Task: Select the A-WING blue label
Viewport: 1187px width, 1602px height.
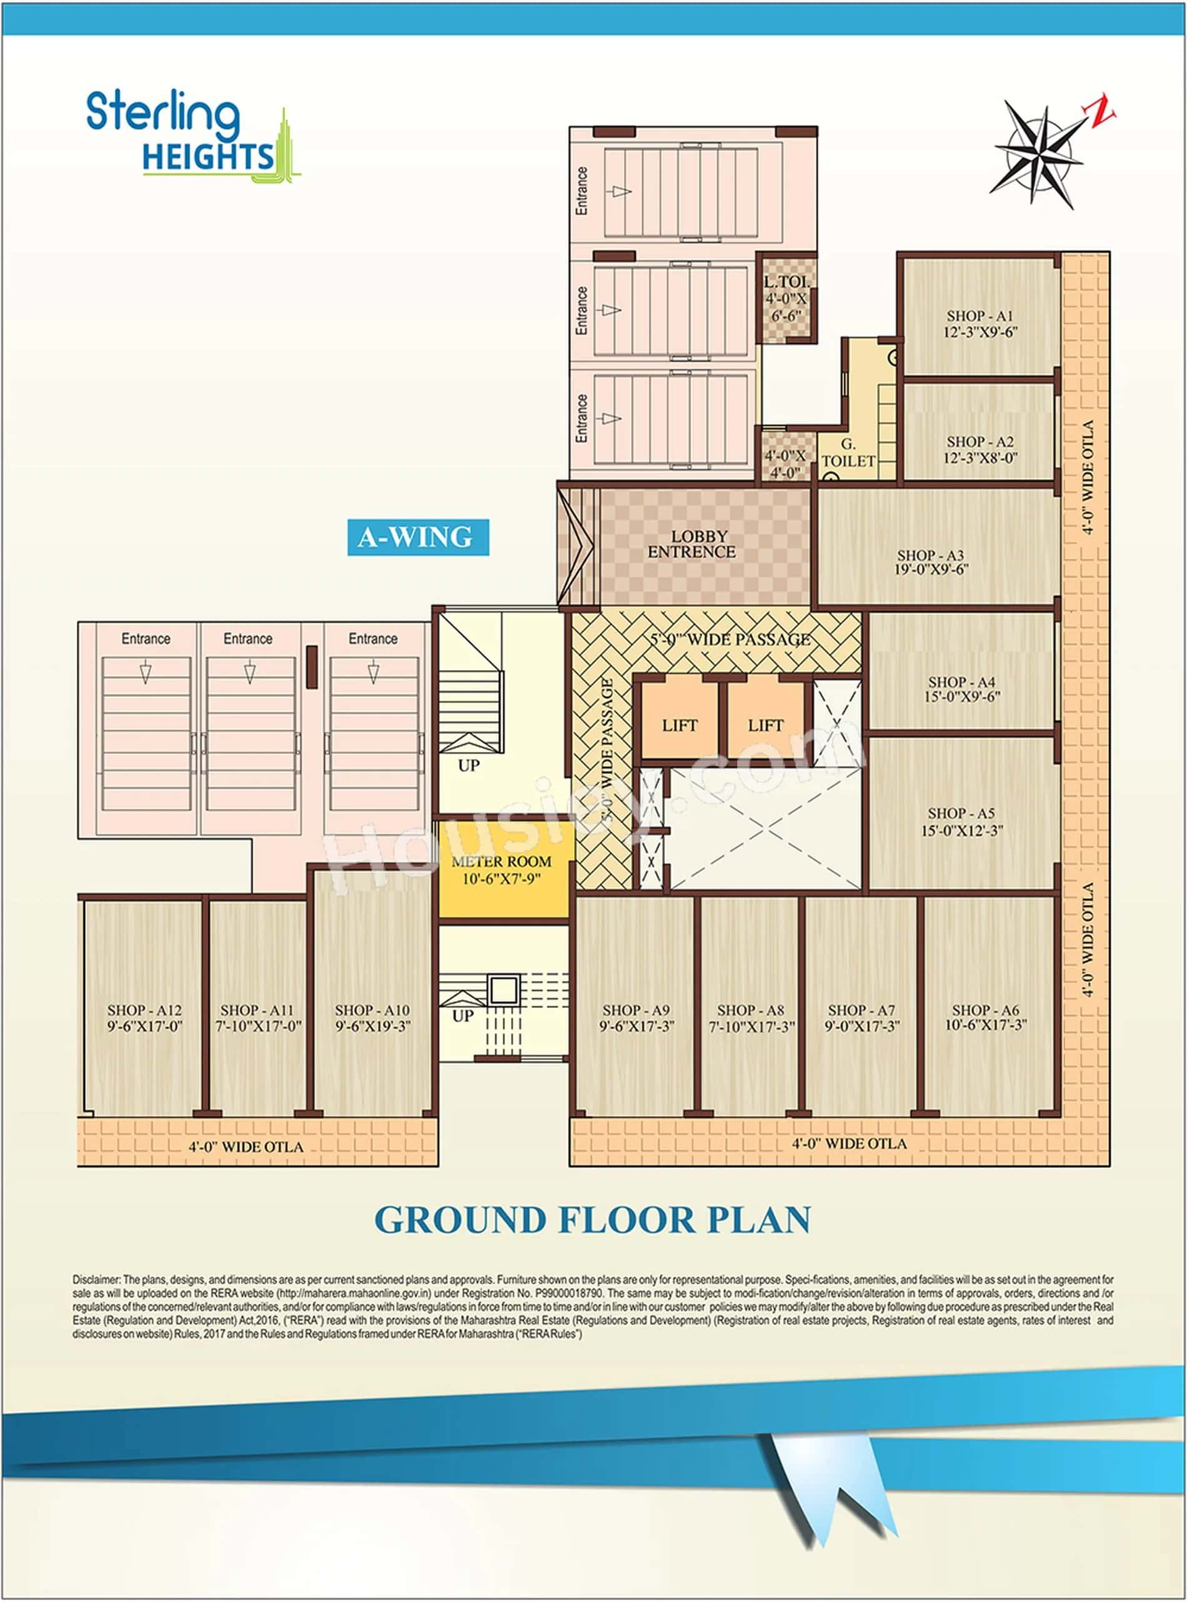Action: tap(417, 537)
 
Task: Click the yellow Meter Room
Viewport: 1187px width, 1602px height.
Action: tap(502, 870)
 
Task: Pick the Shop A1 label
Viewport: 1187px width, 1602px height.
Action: tap(980, 316)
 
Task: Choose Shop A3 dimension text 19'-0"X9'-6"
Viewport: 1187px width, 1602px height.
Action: tap(931, 570)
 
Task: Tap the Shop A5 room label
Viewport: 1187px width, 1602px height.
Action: tap(961, 813)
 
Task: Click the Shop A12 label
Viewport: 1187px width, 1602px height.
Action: tap(144, 1010)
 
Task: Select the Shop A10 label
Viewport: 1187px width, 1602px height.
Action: tap(372, 1010)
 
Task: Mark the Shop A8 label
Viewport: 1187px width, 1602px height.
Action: tap(751, 1010)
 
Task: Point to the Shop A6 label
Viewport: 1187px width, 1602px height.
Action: tap(986, 1010)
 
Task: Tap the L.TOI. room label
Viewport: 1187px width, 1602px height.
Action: tap(786, 282)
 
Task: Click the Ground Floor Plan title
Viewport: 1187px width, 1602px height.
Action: tap(593, 1220)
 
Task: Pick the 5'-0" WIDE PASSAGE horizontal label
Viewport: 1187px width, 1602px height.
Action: tap(730, 639)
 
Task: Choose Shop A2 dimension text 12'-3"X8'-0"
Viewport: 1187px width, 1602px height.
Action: tap(980, 458)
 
